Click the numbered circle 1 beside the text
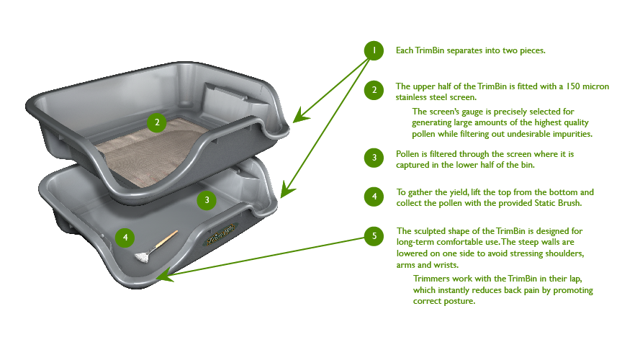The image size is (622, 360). [373, 50]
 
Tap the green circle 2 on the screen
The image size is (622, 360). [157, 122]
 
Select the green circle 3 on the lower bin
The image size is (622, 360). [207, 200]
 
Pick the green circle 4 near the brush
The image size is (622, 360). [125, 236]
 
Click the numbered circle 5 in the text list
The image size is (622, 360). [373, 235]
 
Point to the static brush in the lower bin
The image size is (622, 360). [155, 246]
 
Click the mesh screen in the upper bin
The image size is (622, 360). [144, 148]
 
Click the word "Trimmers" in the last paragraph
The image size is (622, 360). [433, 278]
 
